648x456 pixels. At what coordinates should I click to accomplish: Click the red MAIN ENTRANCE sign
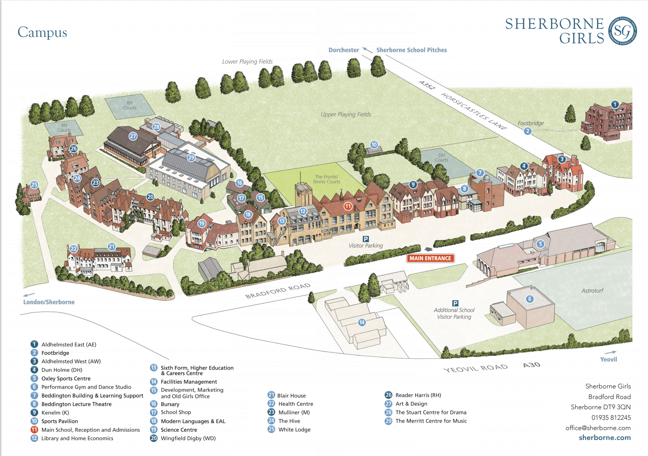(x=430, y=258)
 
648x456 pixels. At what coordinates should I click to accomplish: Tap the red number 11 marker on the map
(x=348, y=206)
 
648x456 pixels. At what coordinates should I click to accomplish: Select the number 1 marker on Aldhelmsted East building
(x=615, y=104)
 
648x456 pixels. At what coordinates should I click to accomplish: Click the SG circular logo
(x=623, y=31)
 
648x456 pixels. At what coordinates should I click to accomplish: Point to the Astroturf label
(x=592, y=291)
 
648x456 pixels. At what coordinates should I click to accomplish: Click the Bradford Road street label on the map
(x=278, y=291)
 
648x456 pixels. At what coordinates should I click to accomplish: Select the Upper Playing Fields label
(x=346, y=114)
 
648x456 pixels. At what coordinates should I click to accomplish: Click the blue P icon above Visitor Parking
(x=366, y=239)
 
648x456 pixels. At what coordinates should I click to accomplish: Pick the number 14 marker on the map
(x=362, y=322)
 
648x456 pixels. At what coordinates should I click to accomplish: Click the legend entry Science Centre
(x=179, y=430)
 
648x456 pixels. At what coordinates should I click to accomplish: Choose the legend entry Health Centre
(x=295, y=404)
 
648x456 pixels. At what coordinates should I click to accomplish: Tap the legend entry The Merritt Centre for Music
(x=431, y=421)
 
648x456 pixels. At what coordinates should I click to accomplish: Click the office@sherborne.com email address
(x=598, y=428)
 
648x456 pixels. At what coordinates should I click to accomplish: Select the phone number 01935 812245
(x=611, y=417)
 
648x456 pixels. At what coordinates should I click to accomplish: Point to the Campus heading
(x=42, y=32)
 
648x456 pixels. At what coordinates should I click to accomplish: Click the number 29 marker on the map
(x=191, y=157)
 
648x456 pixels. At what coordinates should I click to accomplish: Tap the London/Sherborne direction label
(x=49, y=302)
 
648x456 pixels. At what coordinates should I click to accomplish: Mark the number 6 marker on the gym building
(x=530, y=299)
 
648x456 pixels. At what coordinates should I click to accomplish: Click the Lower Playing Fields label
(x=247, y=61)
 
